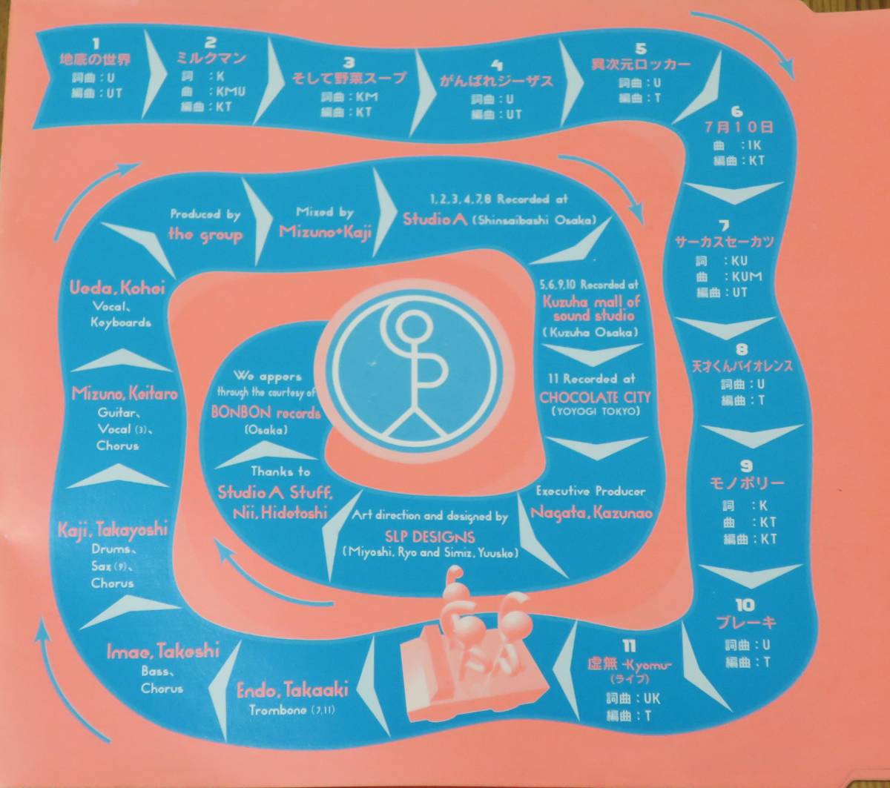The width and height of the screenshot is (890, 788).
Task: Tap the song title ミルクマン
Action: coord(211,59)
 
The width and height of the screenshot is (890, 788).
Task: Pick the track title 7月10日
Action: coord(736,128)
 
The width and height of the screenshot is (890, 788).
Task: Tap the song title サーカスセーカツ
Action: coord(724,242)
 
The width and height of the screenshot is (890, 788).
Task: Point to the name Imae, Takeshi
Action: coord(163,651)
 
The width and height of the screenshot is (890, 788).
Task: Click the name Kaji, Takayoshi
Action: coord(113,530)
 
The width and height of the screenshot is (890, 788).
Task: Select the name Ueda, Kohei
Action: coord(118,288)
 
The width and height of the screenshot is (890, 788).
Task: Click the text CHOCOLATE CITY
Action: coord(590,397)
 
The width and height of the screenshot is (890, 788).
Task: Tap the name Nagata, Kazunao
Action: coord(591,511)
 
